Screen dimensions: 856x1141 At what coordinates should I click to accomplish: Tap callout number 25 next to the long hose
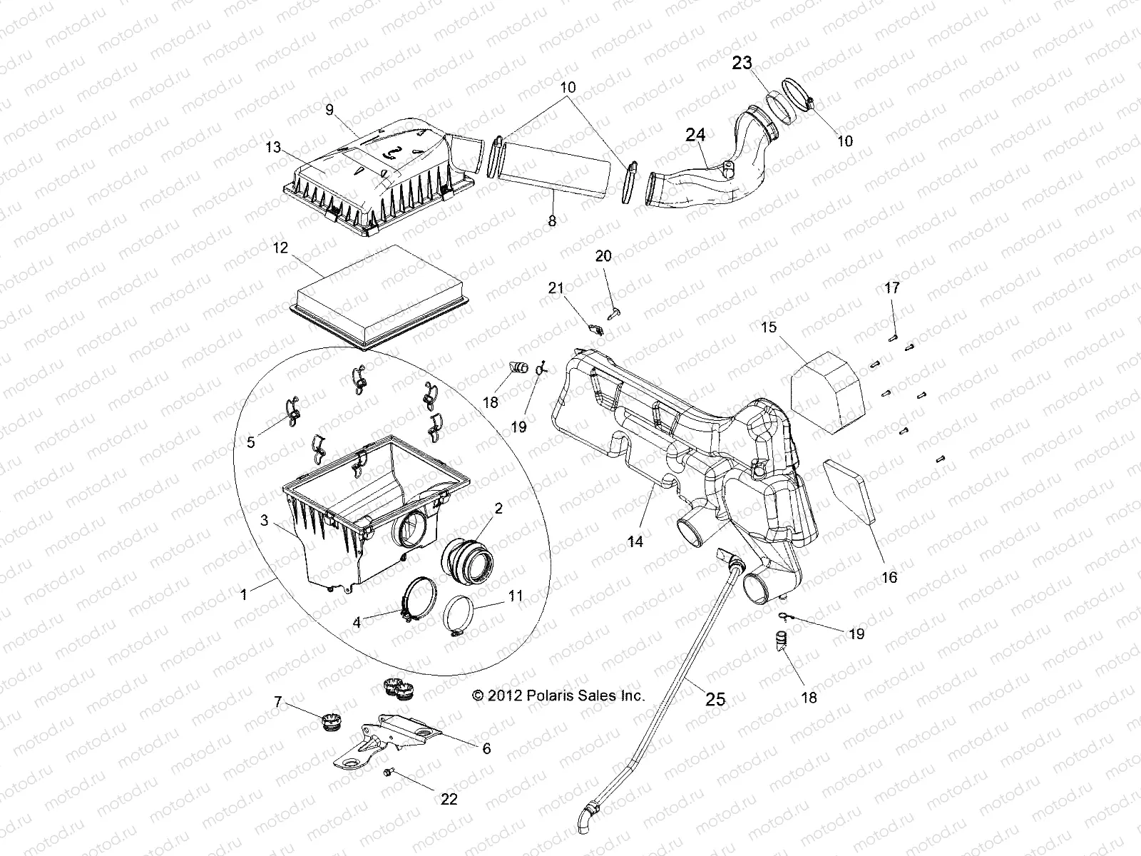click(x=715, y=699)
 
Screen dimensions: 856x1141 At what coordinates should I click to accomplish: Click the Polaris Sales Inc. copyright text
click(x=559, y=695)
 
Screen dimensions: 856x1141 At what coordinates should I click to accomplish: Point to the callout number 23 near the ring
click(x=742, y=63)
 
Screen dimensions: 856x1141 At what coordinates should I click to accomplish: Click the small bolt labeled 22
click(x=389, y=773)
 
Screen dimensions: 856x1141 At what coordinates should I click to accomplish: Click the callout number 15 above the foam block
click(x=768, y=327)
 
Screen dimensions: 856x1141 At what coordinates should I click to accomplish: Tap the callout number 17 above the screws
click(x=892, y=288)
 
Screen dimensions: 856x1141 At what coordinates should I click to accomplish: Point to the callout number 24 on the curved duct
click(x=695, y=133)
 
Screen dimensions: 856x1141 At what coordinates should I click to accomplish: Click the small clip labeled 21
click(x=596, y=329)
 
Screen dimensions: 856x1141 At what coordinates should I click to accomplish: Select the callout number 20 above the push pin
click(x=603, y=256)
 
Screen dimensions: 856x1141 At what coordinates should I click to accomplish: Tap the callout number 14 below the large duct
click(x=635, y=541)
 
